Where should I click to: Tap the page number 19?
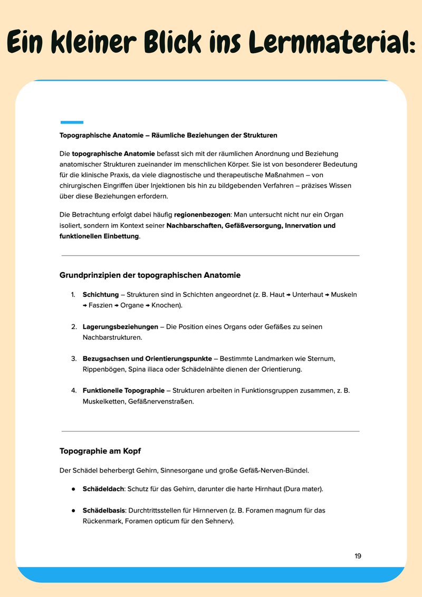click(358, 556)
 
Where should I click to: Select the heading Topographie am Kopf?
click(100, 451)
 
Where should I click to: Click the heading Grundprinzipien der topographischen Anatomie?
click(150, 275)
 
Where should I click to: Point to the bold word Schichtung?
click(101, 294)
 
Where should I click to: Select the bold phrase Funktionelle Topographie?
click(123, 390)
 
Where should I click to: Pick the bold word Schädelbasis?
click(103, 511)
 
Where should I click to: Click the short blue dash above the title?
click(72, 122)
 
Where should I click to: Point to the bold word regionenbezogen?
click(202, 215)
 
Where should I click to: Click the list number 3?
click(74, 359)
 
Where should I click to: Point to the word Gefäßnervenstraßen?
click(160, 401)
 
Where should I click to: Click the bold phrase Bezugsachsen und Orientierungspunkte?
click(147, 359)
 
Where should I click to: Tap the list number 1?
click(73, 294)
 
